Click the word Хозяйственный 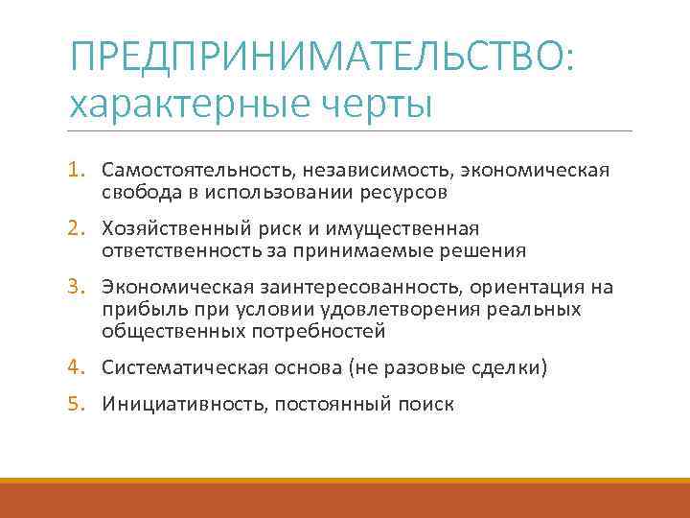[170, 229]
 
